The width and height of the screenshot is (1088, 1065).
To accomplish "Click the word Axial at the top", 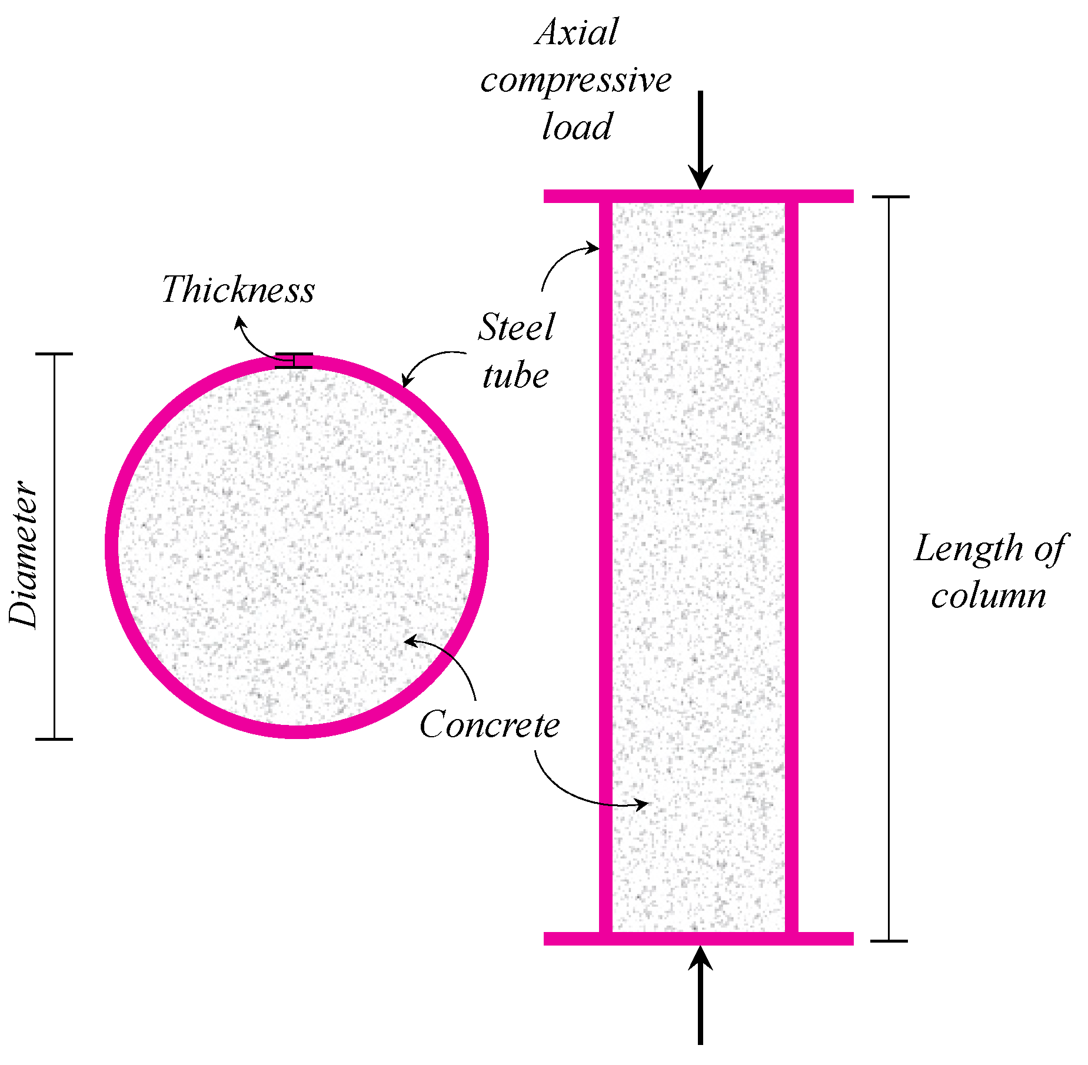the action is click(x=577, y=32).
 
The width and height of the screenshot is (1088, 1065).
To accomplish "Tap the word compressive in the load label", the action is click(x=575, y=81).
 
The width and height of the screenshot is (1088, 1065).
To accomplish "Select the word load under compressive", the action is click(x=577, y=127).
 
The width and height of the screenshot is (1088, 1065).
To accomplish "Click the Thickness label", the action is click(x=238, y=289).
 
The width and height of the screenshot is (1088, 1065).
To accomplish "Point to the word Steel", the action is click(x=515, y=327).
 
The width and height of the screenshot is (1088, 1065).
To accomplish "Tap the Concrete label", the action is click(x=490, y=724).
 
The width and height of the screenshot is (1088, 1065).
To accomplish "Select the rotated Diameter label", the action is click(x=24, y=554).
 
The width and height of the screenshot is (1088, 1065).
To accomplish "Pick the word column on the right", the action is click(x=989, y=596).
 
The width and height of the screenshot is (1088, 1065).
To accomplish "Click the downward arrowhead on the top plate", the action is click(x=700, y=177).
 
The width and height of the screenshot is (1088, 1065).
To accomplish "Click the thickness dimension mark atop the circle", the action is click(x=294, y=361).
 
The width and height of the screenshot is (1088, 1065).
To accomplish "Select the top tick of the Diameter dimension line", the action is click(x=54, y=354).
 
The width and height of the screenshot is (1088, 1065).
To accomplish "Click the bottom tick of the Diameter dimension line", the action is click(x=54, y=738).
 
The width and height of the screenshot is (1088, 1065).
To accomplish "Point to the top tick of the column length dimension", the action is click(x=890, y=197).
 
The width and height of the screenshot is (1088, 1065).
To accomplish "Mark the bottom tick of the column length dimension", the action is click(x=889, y=941).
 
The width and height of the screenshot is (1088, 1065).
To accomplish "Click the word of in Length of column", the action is click(x=1050, y=549).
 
